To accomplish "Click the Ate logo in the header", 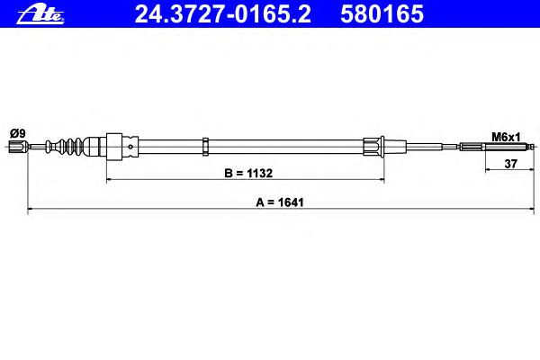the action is click(40, 14).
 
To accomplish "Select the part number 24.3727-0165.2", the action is click(222, 14).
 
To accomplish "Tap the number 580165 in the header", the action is click(382, 14).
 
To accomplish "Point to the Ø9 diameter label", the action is click(18, 133).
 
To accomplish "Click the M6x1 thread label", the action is click(506, 137).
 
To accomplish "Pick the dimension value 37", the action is click(510, 164).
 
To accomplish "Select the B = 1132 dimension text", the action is click(248, 173).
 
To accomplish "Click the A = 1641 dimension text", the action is click(280, 202).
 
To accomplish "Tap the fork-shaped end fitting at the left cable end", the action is click(18, 147).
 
